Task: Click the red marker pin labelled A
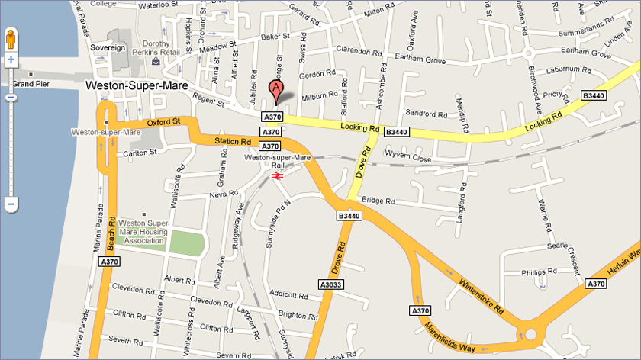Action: [x=275, y=91]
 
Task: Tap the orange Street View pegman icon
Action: [x=11, y=39]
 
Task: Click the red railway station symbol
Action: [x=277, y=176]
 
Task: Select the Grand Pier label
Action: [x=31, y=83]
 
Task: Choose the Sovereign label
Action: [x=108, y=47]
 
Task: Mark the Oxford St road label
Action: [x=163, y=121]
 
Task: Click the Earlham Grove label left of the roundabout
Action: [x=418, y=58]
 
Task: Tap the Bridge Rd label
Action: [x=378, y=201]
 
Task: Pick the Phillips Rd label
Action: [x=539, y=272]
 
